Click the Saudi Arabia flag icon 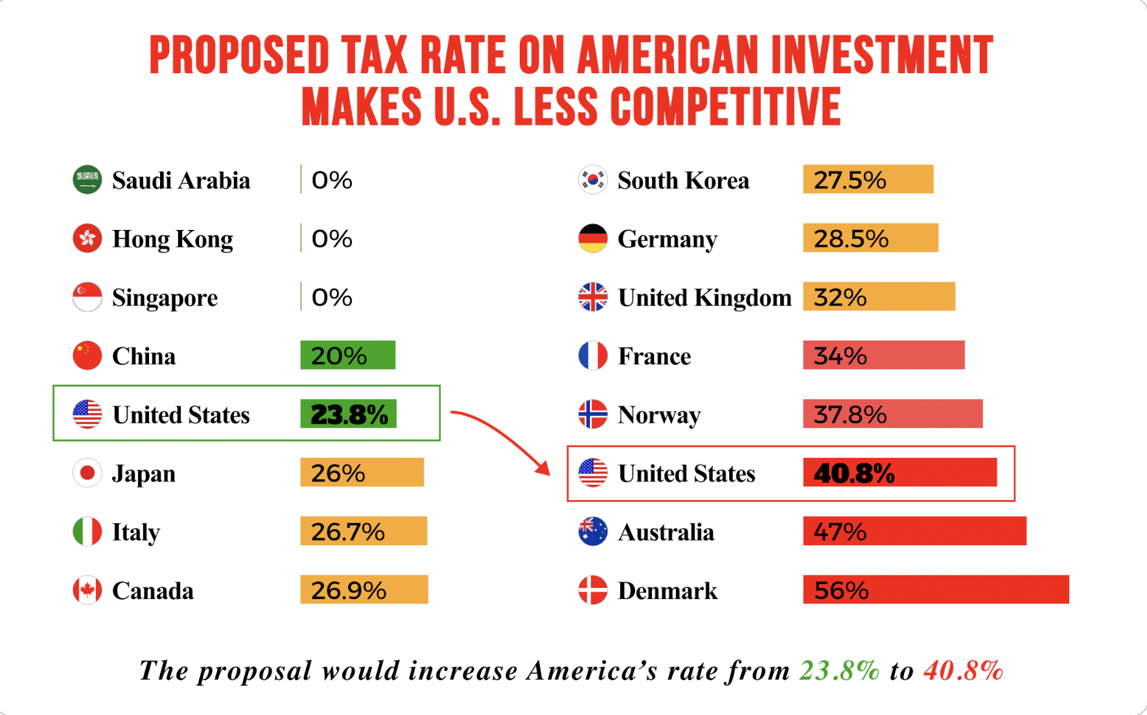[87, 179]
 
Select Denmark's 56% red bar [935, 589]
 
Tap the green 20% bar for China [347, 355]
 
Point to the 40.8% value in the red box [854, 473]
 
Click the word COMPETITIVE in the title [725, 107]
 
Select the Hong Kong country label [172, 239]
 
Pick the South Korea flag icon [592, 179]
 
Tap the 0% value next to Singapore [331, 297]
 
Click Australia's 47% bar [914, 531]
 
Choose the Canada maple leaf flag [87, 590]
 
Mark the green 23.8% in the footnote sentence [839, 671]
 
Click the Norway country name [659, 414]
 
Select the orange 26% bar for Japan [362, 473]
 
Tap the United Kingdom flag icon [592, 297]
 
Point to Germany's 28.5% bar [870, 238]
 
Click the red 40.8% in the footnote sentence [964, 671]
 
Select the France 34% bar [883, 356]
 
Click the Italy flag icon [87, 532]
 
